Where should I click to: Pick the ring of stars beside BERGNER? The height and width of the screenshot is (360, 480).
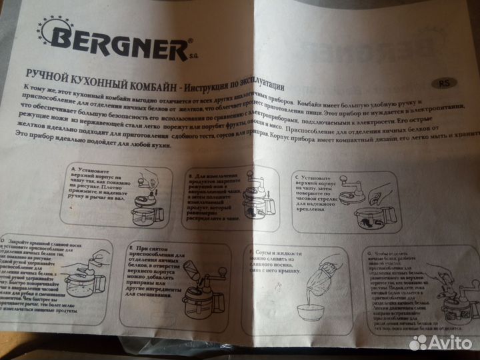tap(53, 33)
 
